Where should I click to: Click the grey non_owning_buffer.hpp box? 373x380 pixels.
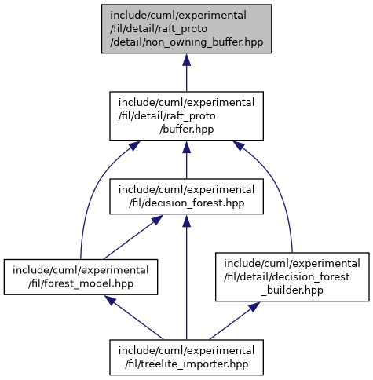coord(186,29)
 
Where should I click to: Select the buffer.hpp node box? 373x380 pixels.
coord(186,116)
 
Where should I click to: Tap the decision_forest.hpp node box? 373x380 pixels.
coord(186,196)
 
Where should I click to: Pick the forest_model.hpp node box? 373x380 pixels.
coord(81,277)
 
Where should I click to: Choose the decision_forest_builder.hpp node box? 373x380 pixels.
coord(292,277)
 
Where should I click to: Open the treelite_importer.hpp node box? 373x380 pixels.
coord(186,357)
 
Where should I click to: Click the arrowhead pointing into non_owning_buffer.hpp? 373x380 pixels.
coord(186,60)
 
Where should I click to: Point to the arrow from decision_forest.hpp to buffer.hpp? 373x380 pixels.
coord(186,159)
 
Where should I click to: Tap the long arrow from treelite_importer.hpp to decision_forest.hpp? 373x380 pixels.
coord(186,277)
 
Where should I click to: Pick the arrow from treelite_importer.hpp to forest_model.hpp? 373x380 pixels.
coord(134,317)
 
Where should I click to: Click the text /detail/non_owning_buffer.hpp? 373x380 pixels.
coord(187,42)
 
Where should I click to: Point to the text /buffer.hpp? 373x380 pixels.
coord(186,130)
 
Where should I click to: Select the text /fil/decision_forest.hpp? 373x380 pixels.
coord(186,203)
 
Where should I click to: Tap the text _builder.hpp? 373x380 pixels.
coord(292,290)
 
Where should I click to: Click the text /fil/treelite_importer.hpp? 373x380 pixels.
coord(186,364)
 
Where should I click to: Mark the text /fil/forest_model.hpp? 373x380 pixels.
coord(81,283)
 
